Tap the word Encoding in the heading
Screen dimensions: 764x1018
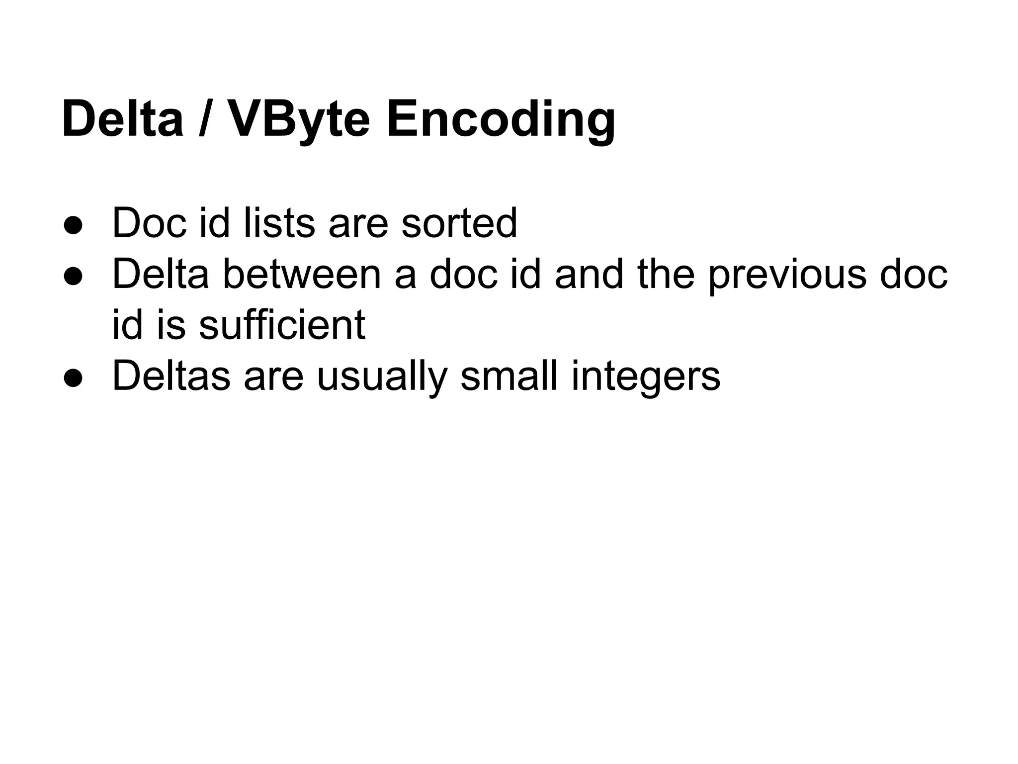tap(501, 120)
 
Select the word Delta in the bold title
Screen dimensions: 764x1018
tap(123, 120)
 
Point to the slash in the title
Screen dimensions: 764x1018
tap(204, 120)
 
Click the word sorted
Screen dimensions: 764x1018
tap(459, 223)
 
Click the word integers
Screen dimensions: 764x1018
tap(646, 376)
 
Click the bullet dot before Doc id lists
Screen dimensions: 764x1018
tap(73, 225)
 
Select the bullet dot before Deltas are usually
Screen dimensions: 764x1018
tap(73, 378)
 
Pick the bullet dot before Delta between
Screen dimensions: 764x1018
tap(73, 276)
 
